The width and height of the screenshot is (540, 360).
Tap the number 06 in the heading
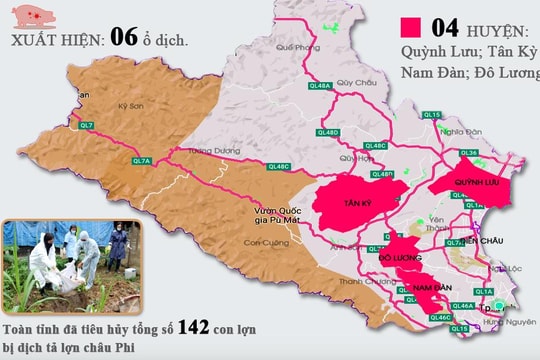click(x=124, y=38)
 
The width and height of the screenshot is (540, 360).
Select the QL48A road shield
click(x=321, y=87)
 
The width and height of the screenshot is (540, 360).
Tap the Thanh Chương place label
click(x=358, y=281)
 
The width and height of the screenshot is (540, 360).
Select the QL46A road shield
click(x=462, y=305)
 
